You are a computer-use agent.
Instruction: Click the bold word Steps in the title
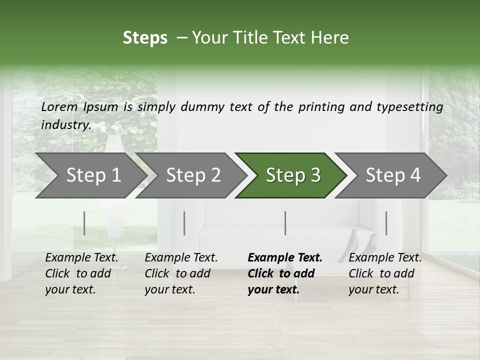click(145, 38)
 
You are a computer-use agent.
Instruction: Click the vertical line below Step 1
click(84, 223)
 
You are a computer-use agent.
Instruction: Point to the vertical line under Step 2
click(184, 223)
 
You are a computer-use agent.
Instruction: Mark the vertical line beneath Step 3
click(285, 223)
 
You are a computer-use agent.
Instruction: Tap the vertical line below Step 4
click(386, 223)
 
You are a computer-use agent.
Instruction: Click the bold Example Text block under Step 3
click(284, 273)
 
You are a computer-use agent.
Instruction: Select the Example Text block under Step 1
click(81, 273)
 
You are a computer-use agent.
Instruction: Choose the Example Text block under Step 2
click(181, 273)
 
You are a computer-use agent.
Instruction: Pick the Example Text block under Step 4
click(385, 273)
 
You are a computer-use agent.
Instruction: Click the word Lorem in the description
click(59, 107)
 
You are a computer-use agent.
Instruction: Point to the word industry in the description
click(66, 125)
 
